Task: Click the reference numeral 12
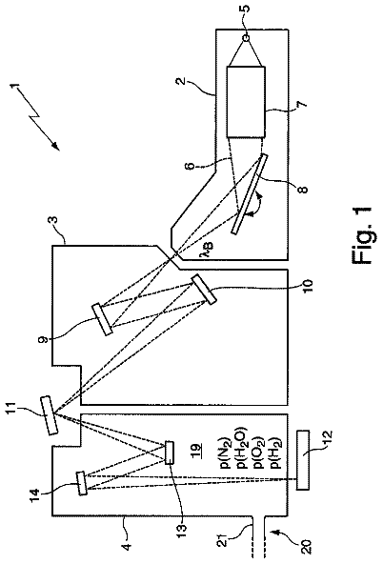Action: click(x=328, y=437)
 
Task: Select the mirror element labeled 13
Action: click(x=170, y=453)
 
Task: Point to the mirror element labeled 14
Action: click(x=82, y=483)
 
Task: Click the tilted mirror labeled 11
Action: click(x=49, y=414)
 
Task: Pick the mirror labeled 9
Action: click(x=103, y=320)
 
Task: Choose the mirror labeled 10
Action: click(x=204, y=290)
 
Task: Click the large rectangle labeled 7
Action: click(x=246, y=102)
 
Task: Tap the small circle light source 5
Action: click(x=247, y=38)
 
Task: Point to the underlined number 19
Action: click(x=197, y=453)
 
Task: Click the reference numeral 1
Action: click(x=14, y=86)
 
